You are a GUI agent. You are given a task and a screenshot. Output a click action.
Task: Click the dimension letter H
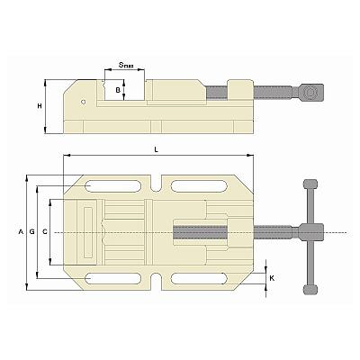40,106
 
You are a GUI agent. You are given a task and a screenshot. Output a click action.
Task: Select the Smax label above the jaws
126,65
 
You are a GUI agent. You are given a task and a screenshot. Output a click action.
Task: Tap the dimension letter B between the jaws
118,90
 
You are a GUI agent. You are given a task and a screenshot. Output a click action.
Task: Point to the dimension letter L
156,150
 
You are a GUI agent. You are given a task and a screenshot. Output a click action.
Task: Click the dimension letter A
21,231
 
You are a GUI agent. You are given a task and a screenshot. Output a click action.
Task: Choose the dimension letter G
32,231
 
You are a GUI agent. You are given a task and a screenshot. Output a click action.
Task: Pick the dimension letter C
45,231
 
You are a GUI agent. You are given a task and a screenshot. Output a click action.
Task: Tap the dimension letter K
272,278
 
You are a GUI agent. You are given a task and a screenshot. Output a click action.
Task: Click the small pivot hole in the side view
84,102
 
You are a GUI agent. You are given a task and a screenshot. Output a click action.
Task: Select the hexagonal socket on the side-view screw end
309,93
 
